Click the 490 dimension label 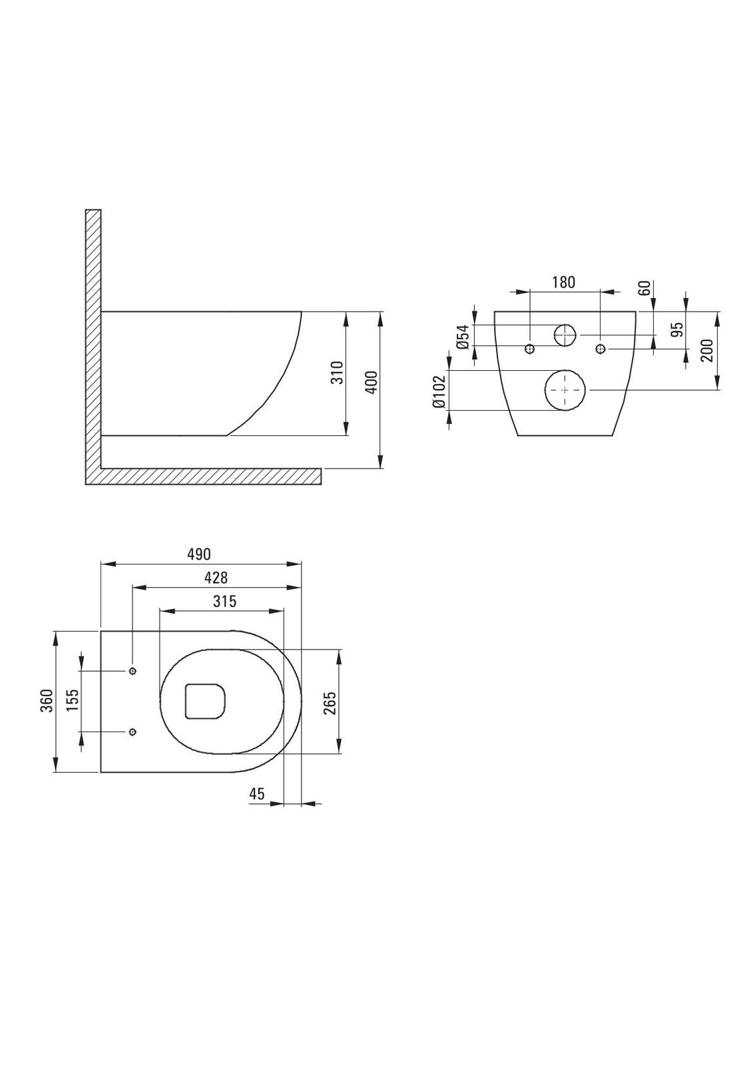coord(198,554)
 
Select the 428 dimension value coord(215,578)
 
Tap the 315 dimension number coord(224,602)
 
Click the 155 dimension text coord(73,701)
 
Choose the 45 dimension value coord(257,793)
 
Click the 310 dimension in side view coord(338,372)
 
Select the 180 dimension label coord(563,282)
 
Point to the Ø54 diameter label coord(464,337)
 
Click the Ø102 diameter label coord(439,391)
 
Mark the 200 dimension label coord(707,349)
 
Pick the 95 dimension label coord(677,329)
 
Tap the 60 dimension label coord(644,288)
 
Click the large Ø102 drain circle coord(565,390)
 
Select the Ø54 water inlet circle coord(565,335)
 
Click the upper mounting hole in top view coord(132,670)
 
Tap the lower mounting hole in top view coord(132,732)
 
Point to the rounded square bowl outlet coord(205,701)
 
